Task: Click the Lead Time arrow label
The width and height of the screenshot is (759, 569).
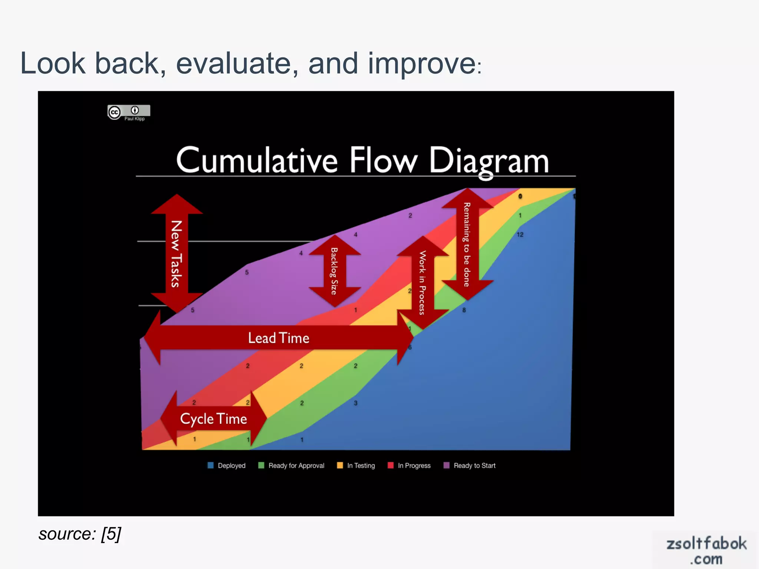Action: pyautogui.click(x=279, y=338)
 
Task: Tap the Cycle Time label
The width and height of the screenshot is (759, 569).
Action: pyautogui.click(x=213, y=419)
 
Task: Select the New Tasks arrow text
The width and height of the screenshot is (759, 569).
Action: pyautogui.click(x=176, y=254)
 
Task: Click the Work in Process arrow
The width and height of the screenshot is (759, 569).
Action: pyautogui.click(x=422, y=283)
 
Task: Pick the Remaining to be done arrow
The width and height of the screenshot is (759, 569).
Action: pyautogui.click(x=467, y=244)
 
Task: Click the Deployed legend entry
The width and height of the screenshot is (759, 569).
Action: pyautogui.click(x=227, y=466)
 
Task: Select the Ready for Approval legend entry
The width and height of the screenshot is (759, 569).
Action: pyautogui.click(x=292, y=466)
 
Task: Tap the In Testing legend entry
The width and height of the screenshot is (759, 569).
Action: pyautogui.click(x=356, y=466)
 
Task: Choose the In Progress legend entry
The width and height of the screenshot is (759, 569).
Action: pyautogui.click(x=410, y=466)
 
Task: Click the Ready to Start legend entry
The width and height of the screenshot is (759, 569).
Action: pyautogui.click(x=470, y=466)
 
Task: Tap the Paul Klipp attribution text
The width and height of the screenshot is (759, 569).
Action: pyautogui.click(x=135, y=119)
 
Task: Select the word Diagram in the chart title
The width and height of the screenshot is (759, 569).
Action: pyautogui.click(x=489, y=162)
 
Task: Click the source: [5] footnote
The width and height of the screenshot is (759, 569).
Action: pyautogui.click(x=80, y=534)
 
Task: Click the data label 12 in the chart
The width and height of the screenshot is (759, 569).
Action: pyautogui.click(x=520, y=234)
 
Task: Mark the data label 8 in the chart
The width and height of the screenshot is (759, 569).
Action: pyautogui.click(x=464, y=310)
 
